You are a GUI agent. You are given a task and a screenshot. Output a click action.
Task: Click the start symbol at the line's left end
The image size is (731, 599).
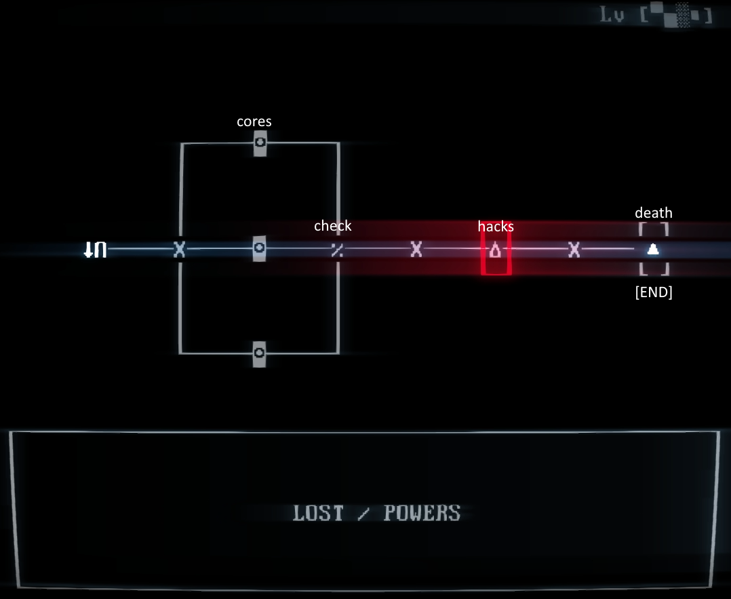(95, 250)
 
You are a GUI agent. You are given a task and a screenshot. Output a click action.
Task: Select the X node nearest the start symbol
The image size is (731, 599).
(179, 250)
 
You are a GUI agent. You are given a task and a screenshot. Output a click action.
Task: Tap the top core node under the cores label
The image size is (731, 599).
(259, 143)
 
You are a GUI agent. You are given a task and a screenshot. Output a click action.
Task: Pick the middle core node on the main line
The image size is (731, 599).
(259, 249)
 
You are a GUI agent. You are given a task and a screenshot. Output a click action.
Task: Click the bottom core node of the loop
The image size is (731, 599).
(259, 353)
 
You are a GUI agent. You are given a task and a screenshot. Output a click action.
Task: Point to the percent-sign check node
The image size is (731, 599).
(336, 250)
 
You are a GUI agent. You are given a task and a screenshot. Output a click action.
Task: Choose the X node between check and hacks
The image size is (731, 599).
(416, 250)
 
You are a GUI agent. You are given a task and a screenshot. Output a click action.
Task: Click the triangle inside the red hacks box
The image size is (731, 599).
(496, 250)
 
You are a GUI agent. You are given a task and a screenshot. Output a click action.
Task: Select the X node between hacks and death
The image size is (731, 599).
(574, 250)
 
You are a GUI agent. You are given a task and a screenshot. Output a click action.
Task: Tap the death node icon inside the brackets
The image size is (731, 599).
(653, 250)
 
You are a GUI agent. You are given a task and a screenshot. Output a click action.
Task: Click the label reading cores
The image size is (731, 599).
(254, 121)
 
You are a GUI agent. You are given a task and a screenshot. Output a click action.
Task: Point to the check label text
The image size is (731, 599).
(332, 226)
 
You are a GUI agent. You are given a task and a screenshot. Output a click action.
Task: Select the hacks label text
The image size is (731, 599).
(496, 227)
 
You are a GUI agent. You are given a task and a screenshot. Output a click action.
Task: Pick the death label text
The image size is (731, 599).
(654, 213)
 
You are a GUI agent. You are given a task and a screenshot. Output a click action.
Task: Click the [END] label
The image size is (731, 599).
(654, 293)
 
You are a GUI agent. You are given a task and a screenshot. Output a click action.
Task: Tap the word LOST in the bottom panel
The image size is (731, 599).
(318, 513)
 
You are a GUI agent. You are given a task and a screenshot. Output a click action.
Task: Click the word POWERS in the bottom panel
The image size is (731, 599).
(422, 513)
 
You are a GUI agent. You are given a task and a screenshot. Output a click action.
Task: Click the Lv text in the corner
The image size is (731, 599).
(613, 15)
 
